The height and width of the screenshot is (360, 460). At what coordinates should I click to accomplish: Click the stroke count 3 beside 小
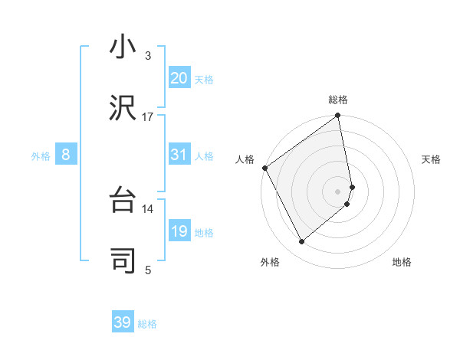[148, 56]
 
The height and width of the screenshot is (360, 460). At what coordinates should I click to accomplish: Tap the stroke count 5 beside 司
[148, 269]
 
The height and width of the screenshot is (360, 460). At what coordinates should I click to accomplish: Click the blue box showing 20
[179, 78]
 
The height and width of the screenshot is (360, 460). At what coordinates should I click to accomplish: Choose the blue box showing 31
[179, 155]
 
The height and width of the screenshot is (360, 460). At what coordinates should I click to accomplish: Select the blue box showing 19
[179, 231]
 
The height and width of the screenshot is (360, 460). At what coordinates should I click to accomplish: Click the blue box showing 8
[66, 155]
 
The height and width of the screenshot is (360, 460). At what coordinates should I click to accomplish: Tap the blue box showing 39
[123, 322]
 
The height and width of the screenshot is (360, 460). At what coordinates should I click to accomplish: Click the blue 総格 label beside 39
[147, 324]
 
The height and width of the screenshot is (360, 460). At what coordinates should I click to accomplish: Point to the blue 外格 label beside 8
[41, 156]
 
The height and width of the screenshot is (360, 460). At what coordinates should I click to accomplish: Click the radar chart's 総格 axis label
[338, 100]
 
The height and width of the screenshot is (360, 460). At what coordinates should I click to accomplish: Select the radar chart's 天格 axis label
[431, 159]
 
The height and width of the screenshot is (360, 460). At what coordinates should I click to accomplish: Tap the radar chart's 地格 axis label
[402, 263]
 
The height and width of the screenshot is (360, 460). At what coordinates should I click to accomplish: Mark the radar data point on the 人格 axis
[264, 168]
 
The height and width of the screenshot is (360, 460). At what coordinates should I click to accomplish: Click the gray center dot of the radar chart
[338, 191]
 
